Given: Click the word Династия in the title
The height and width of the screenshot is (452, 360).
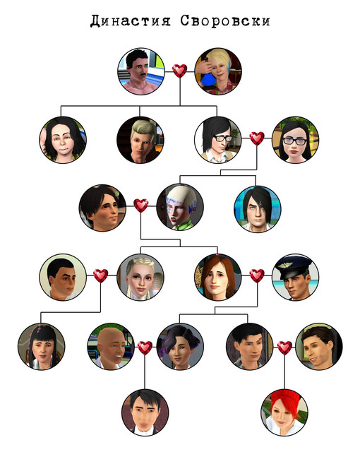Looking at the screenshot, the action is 130,20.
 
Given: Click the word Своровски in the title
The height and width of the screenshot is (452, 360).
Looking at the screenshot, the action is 225,20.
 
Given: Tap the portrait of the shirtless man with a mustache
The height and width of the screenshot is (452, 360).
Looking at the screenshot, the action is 141,71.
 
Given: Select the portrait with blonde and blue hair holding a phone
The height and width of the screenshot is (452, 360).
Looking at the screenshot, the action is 218,71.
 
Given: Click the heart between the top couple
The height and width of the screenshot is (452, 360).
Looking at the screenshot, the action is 180,71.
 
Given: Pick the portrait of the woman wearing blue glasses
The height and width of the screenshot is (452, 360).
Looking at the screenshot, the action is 296,140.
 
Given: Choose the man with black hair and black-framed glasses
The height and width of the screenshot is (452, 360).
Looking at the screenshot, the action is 218,140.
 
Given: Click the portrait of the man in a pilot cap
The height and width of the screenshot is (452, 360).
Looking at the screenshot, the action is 296,277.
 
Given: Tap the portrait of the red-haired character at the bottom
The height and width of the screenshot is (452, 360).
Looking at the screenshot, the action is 284,412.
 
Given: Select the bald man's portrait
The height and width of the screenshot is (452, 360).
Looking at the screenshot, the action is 111,346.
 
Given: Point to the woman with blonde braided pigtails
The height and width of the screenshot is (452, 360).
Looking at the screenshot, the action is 140,277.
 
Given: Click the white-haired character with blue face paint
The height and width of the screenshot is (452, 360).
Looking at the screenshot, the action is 180,207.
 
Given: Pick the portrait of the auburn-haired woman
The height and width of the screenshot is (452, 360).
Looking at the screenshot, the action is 218,277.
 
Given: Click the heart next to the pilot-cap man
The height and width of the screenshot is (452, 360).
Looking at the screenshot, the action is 257,276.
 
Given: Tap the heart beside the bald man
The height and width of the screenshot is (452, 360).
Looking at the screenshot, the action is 145,347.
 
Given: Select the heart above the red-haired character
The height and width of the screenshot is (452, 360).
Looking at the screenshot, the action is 284,347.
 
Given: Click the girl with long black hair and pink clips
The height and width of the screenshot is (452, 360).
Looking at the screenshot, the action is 42,346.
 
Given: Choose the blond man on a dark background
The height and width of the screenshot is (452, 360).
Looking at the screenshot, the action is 140,140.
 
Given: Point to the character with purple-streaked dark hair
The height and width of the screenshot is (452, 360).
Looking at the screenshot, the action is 180,346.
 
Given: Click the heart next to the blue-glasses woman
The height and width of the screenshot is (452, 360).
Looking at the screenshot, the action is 257,138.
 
